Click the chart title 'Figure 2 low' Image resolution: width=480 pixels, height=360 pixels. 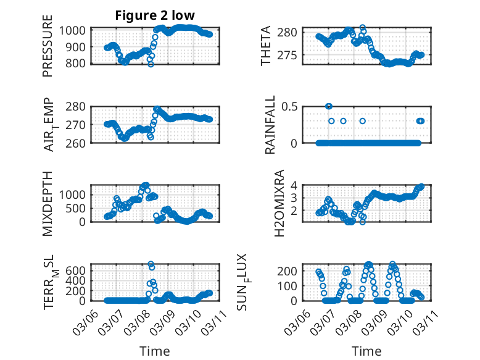(x=155, y=16)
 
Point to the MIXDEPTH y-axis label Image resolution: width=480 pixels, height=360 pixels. (x=48, y=204)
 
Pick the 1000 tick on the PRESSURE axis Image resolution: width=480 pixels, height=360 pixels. (x=75, y=30)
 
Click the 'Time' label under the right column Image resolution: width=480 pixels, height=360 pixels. (x=366, y=351)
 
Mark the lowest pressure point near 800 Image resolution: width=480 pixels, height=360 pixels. (x=151, y=64)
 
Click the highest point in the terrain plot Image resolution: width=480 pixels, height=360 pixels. (x=151, y=264)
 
